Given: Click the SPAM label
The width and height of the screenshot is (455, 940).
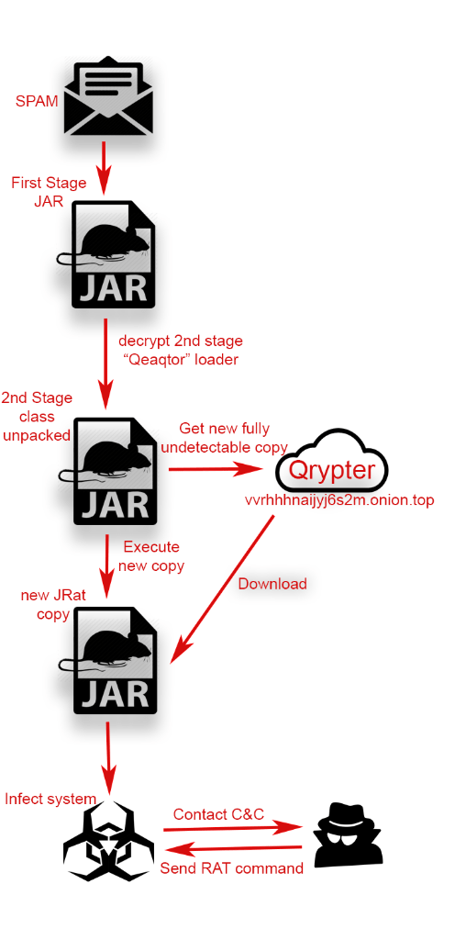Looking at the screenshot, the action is click(37, 101).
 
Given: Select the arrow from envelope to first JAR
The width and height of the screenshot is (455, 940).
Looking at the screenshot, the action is click(105, 168).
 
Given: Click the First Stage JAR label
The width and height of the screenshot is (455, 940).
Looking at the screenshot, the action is click(50, 191).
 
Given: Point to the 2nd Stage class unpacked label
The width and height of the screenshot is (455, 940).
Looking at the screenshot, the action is click(37, 417).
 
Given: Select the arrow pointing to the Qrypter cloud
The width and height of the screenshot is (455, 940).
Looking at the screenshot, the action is click(216, 469).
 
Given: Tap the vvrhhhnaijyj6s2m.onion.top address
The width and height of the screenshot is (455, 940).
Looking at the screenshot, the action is click(339, 501).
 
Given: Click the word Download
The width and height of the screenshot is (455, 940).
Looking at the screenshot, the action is click(272, 583).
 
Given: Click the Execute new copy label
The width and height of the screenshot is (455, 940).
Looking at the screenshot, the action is click(151, 555).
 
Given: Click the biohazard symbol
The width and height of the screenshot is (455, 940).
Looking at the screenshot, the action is click(108, 834).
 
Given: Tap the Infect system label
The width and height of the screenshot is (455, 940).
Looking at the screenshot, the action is click(50, 799).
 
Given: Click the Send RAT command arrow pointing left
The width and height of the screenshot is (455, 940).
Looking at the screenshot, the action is click(233, 849).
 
